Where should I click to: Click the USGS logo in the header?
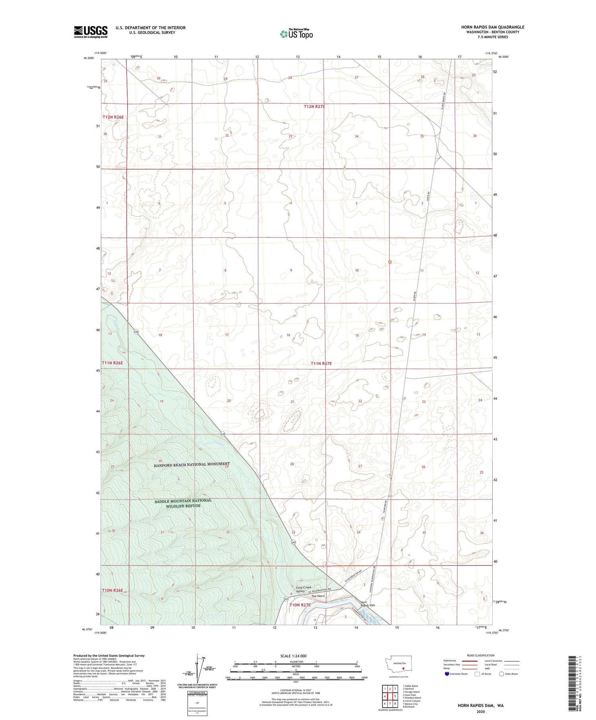91,32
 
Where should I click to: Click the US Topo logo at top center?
296,34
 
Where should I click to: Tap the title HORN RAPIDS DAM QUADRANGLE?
492,27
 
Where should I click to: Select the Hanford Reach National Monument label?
192,464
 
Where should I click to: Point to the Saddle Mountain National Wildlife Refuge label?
183,503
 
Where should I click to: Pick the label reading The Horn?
318,596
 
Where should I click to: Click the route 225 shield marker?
286,599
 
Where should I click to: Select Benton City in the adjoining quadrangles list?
410,704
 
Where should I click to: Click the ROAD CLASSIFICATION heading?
481,655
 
